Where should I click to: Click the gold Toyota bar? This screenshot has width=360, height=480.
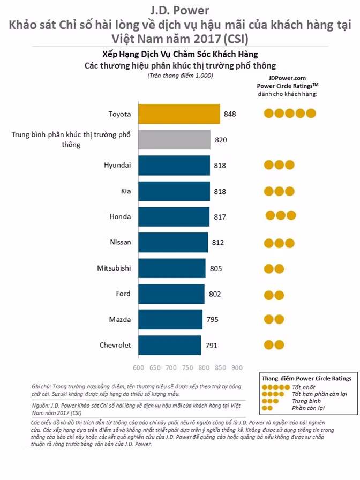179,114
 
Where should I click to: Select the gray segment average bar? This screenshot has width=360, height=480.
175,140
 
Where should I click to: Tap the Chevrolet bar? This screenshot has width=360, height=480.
170,345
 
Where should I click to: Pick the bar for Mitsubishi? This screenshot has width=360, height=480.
172,268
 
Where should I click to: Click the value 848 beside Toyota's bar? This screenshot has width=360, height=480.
230,114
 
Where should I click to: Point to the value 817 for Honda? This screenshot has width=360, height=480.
220,217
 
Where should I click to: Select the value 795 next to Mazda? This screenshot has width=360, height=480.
213,320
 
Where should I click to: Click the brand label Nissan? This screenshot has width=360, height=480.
121,242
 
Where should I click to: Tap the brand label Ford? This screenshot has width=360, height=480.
123,294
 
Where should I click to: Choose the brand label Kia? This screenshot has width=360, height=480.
126,191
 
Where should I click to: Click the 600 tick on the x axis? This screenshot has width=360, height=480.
139,367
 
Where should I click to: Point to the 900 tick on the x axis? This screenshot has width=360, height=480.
237,367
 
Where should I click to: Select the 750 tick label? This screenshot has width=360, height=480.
187,367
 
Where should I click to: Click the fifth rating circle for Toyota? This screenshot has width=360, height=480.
311,113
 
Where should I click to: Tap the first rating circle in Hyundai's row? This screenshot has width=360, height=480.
269,164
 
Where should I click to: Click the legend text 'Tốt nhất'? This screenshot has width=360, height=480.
304,387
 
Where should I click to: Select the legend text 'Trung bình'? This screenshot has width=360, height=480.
306,401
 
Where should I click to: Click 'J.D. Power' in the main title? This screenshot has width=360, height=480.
179,10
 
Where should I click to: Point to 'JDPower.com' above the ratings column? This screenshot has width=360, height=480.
287,78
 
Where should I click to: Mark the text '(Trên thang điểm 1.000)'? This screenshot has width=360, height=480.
180,76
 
